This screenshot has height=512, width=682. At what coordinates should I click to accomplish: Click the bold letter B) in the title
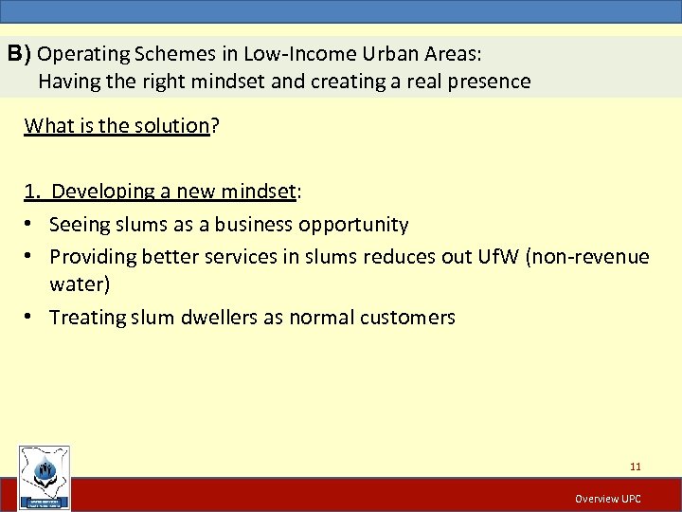tap(20, 53)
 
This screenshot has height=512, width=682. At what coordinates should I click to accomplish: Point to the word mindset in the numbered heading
tap(258, 192)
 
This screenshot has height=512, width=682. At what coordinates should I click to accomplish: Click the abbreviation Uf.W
tap(519, 256)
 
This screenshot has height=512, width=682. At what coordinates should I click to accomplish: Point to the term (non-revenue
tap(601, 256)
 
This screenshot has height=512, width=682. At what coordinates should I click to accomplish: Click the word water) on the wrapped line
tap(81, 284)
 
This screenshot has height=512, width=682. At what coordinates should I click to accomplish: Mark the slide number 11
tap(635, 466)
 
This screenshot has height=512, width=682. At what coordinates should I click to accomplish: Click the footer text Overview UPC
tap(608, 499)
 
